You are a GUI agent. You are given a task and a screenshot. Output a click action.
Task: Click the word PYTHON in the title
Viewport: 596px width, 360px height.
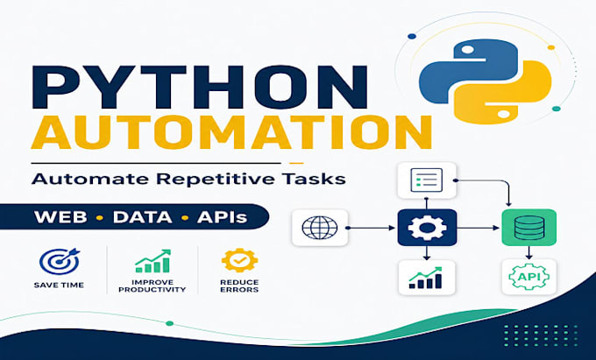click(x=200, y=87)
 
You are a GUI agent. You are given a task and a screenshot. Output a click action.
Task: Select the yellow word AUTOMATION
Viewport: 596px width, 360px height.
click(x=231, y=131)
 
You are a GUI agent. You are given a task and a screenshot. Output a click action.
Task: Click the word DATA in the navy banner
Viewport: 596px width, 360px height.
click(x=143, y=217)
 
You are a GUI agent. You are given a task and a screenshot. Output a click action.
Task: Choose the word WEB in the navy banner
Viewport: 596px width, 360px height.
click(x=60, y=217)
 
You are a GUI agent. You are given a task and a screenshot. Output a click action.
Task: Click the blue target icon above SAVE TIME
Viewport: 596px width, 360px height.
click(x=60, y=261)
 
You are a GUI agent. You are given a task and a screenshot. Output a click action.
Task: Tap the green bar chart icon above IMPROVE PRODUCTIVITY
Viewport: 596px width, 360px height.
click(x=153, y=261)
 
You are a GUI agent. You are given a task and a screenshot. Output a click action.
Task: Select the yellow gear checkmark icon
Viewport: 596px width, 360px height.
click(x=239, y=260)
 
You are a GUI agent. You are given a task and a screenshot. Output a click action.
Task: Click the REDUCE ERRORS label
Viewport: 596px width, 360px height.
click(x=239, y=286)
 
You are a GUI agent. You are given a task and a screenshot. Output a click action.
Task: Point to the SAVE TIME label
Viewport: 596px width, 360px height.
click(x=59, y=286)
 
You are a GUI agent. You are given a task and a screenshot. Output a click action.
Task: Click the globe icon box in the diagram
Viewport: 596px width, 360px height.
click(x=320, y=228)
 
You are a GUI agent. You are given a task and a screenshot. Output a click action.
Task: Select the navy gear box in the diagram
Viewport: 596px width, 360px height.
click(x=427, y=228)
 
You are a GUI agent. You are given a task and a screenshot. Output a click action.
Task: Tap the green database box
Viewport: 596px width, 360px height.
click(x=529, y=228)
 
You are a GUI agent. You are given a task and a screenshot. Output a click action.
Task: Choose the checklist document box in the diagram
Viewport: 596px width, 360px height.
click(x=427, y=180)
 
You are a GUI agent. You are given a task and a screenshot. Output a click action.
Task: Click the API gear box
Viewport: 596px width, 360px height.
click(x=529, y=277)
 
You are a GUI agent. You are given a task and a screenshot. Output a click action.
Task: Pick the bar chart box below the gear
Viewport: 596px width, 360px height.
click(x=427, y=278)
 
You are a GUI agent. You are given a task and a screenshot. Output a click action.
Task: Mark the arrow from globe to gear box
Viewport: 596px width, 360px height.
click(x=371, y=228)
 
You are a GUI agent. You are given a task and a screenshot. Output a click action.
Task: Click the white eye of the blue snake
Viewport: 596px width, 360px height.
click(x=467, y=50)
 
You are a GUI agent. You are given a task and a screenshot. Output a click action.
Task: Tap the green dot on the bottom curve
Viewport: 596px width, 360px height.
click(x=170, y=323)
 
